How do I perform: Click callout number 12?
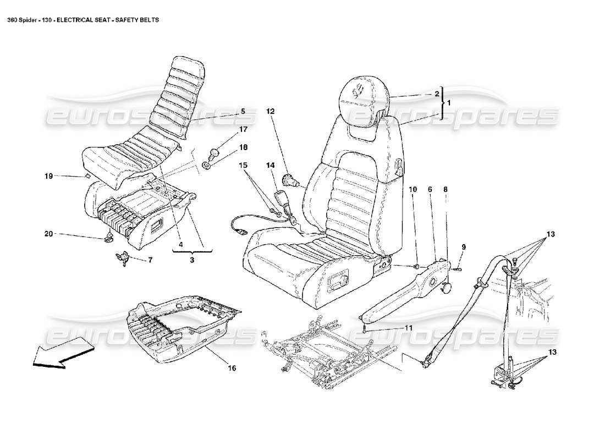coord(270,111)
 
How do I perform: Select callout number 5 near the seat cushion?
coord(243,111)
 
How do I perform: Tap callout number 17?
coord(243,129)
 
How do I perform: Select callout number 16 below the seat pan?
coord(232,368)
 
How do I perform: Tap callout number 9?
coord(463,247)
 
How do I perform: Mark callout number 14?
coord(270,165)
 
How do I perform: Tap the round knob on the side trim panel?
coord(447,287)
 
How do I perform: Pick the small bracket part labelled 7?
coord(124,257)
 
